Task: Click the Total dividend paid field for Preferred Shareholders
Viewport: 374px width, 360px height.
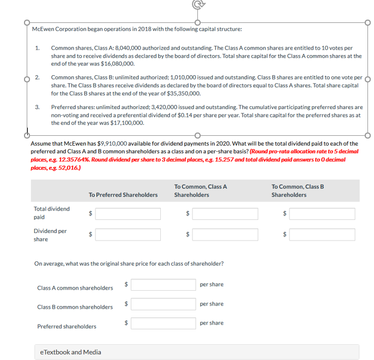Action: coord(128,213)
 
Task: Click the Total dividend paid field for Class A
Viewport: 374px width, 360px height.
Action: coord(225,213)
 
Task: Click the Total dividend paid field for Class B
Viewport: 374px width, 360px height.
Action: coord(322,213)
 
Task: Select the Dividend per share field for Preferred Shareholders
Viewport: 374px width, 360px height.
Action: coord(128,235)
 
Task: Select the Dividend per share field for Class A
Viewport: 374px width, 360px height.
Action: coord(225,235)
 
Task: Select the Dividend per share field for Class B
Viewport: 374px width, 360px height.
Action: coord(322,235)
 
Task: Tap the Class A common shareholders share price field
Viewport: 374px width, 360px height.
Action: coord(163,285)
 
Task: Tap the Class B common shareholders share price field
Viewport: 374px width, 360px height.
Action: coord(163,304)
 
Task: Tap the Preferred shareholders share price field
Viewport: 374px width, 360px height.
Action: coord(163,323)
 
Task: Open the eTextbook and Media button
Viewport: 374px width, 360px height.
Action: coord(71,352)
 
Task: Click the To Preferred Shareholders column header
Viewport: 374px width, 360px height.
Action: coord(123,195)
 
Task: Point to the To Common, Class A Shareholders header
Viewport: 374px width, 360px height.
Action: coord(200,190)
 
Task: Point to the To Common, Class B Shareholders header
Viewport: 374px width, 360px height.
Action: coord(297,190)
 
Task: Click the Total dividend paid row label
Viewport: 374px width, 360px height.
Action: coord(52,213)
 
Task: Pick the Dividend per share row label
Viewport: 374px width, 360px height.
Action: coord(50,235)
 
